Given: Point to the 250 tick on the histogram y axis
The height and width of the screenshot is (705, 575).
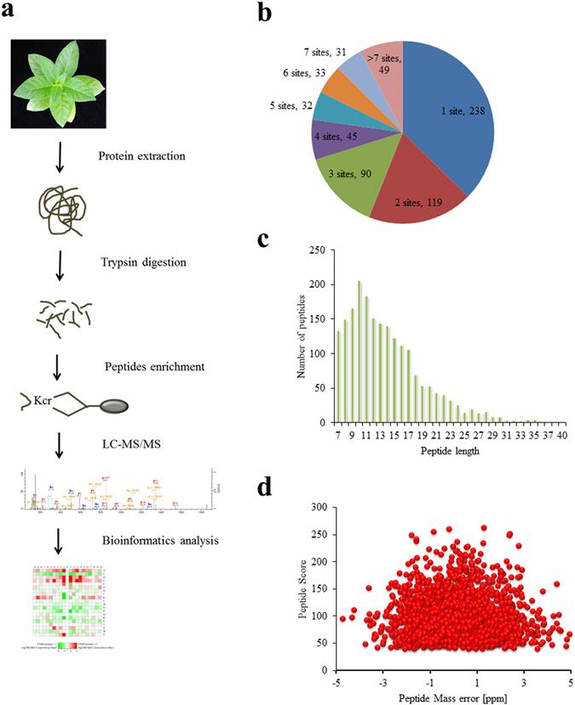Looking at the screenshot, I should click(x=317, y=250).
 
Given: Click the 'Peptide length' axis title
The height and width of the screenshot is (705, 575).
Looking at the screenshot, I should click(x=446, y=450).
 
